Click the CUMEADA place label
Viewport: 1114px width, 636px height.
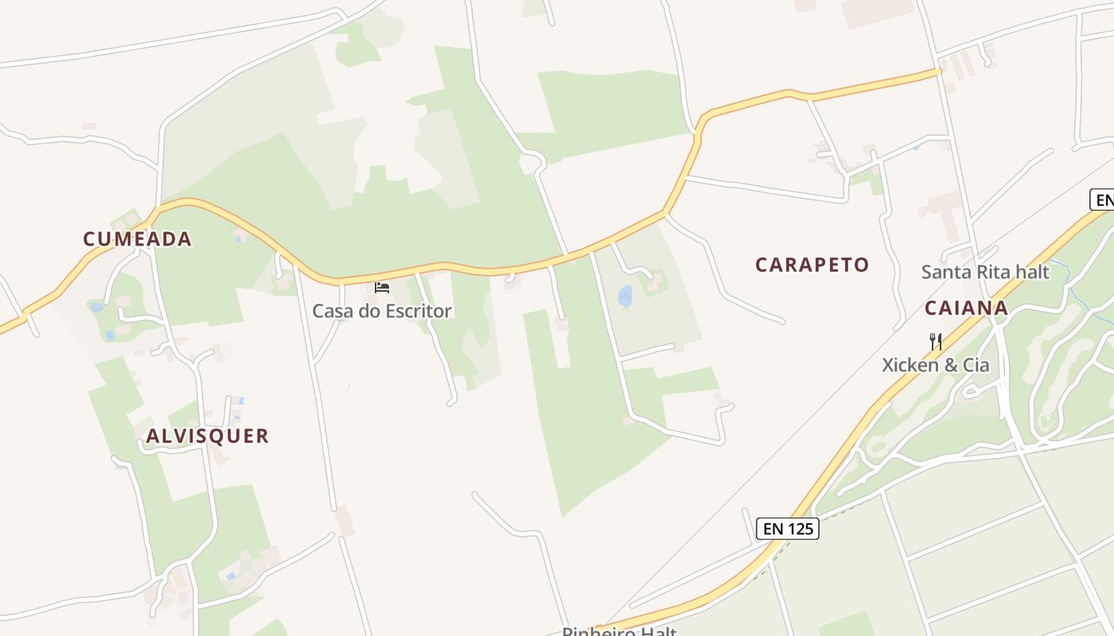pos(138,238)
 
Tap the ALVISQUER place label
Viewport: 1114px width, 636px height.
pos(207,436)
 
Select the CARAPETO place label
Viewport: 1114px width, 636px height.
pos(812,265)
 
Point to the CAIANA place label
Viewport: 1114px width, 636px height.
pos(966,308)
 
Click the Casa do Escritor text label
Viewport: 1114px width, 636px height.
pos(382,311)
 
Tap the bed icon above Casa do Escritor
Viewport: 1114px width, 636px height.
pos(382,287)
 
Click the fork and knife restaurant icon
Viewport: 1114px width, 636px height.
pos(936,342)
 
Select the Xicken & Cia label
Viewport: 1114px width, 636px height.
pos(936,365)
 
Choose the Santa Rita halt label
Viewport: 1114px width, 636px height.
pos(985,272)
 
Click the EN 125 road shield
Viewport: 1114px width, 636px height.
pos(787,529)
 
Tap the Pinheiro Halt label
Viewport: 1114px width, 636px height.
pos(619,631)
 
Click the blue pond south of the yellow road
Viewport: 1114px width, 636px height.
pos(625,297)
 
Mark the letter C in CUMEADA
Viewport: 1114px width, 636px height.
pos(89,238)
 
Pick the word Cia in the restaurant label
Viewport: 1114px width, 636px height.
pos(974,365)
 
